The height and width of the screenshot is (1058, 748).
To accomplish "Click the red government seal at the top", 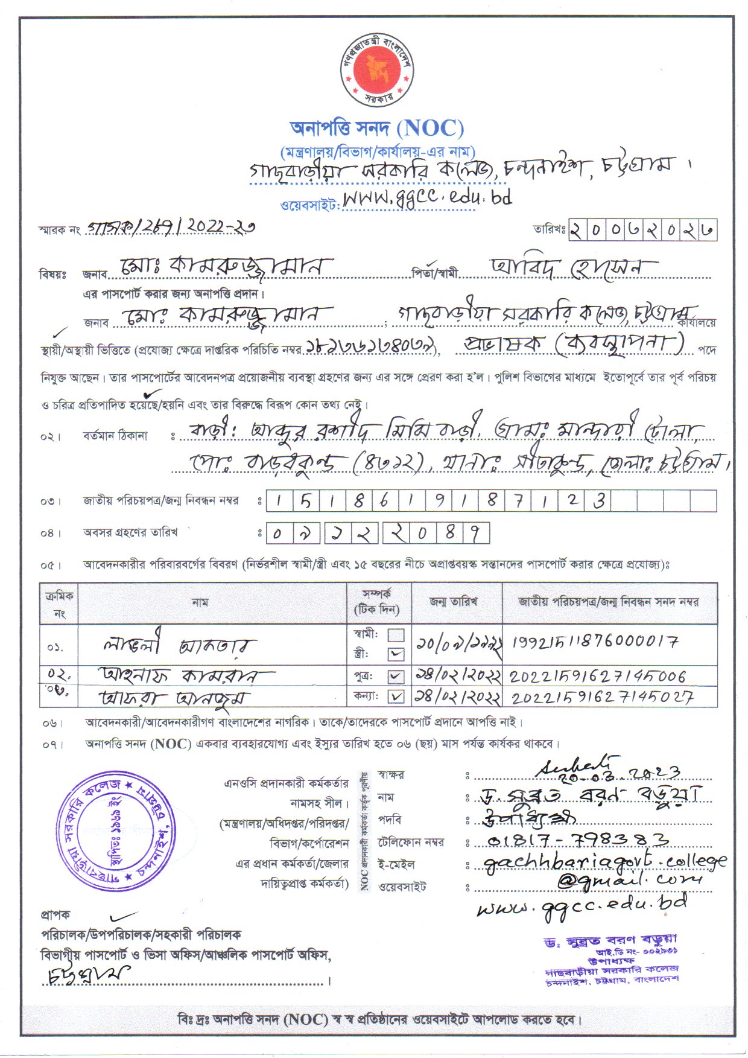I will click(378, 71).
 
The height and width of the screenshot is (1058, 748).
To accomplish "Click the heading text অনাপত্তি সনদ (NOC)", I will click(377, 128).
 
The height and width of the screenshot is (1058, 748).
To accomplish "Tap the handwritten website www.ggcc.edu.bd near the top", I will click(427, 197).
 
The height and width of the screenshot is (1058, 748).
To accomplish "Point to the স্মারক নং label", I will click(60, 230).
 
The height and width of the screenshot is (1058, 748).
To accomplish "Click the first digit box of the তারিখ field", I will click(577, 230).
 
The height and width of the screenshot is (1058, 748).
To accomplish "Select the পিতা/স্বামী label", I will click(434, 273).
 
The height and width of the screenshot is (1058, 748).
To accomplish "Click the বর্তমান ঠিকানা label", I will click(115, 436).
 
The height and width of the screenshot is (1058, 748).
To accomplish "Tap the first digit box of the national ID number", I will click(277, 501).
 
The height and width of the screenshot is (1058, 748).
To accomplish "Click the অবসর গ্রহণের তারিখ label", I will click(130, 532).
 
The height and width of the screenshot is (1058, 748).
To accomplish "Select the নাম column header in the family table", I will click(200, 602).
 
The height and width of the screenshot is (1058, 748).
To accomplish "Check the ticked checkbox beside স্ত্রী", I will click(396, 654).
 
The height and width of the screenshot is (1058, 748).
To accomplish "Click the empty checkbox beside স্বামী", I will click(396, 635).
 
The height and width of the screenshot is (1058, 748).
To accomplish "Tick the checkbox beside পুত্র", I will click(396, 677).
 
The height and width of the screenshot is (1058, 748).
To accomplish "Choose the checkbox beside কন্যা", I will click(396, 697).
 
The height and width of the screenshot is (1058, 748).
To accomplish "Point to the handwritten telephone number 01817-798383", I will click(577, 840).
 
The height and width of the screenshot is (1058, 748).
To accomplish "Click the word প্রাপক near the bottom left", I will click(55, 914).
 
